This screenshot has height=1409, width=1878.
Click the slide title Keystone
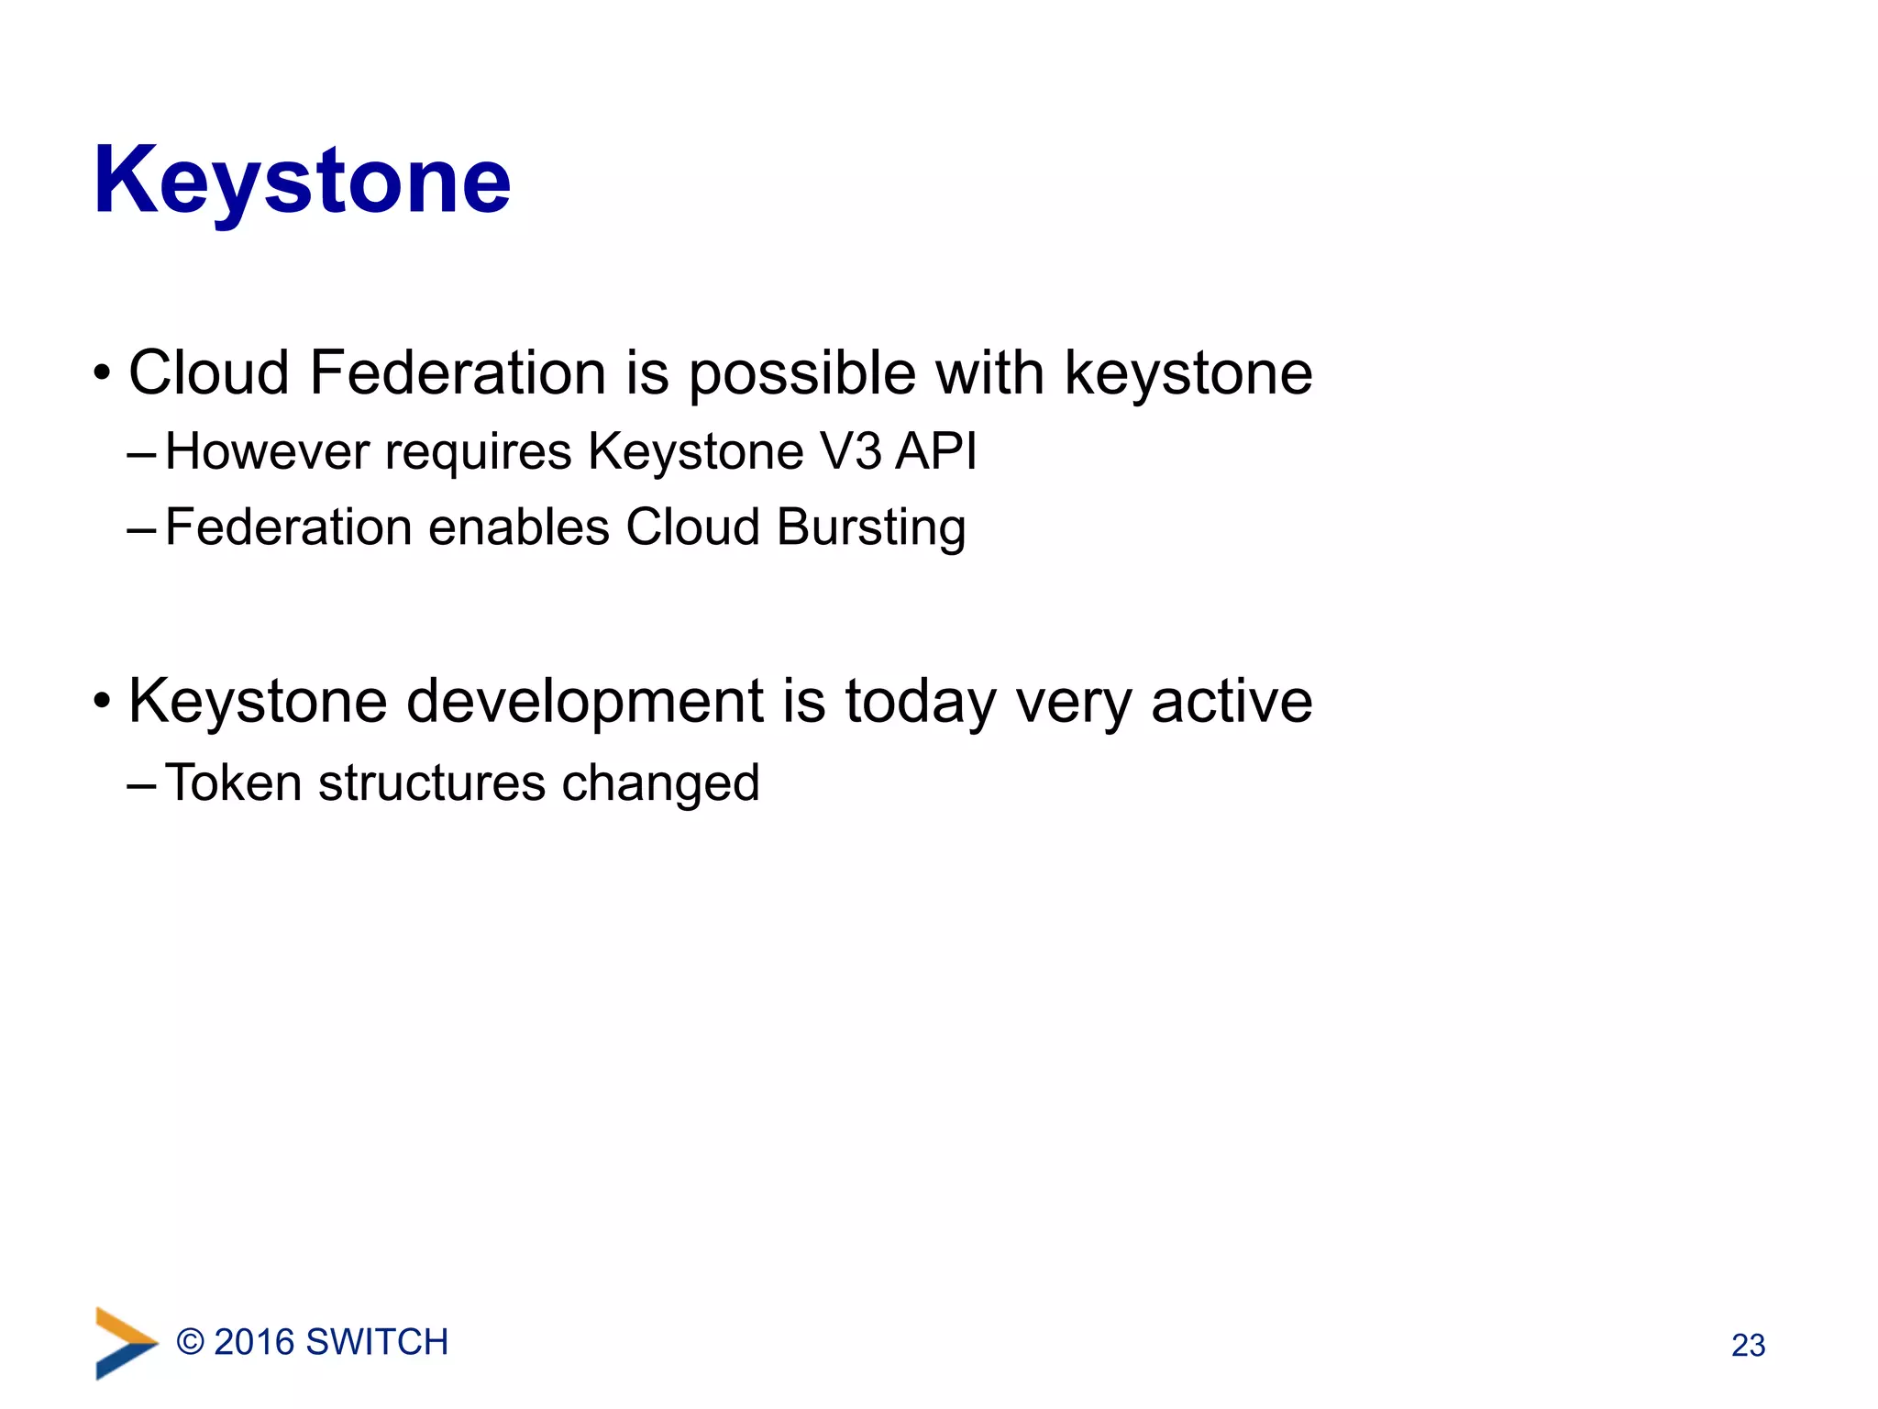coord(302,182)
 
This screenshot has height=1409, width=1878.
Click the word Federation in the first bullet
coord(458,373)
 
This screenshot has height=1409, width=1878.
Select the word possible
coord(801,375)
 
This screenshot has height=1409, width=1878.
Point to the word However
coord(267,451)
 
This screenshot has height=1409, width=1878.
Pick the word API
coord(936,451)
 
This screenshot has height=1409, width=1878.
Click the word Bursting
coord(870,528)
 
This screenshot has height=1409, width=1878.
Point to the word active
coord(1231,702)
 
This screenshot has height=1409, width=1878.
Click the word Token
coord(234,783)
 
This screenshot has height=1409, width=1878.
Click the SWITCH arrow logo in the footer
coord(124,1343)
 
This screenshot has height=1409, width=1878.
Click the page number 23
coord(1748,1346)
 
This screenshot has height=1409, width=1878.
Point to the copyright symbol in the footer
coord(190,1342)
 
